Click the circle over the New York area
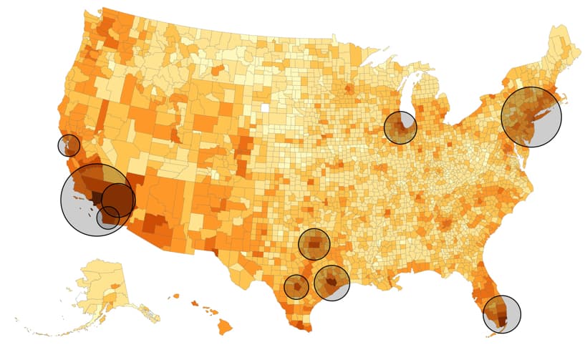pos(531,117)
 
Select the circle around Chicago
pos(400,127)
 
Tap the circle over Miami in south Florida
pos(502,313)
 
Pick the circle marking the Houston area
pos(332,282)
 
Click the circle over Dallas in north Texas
pos(314,244)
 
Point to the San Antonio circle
pos(296,287)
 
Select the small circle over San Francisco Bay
pos(69,145)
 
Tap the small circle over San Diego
pos(108,218)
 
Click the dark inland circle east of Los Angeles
pos(119,200)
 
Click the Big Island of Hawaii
pos(225,327)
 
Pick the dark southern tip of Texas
pos(301,326)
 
